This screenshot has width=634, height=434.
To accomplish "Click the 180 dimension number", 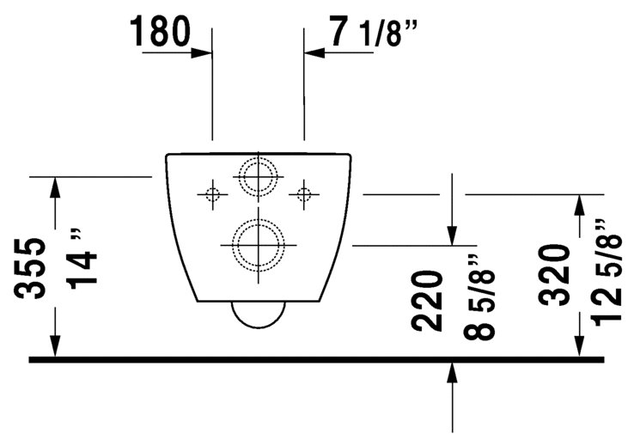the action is [x=160, y=31].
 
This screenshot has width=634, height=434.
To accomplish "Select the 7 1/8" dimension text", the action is [x=372, y=31].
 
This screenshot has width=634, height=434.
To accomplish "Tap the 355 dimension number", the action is [x=30, y=269].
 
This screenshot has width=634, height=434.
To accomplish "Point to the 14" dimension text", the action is [x=83, y=260].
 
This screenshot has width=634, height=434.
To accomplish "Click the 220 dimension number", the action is [x=427, y=301].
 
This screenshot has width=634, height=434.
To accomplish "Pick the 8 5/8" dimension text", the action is [x=479, y=296].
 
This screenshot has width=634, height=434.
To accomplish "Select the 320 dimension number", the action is [x=554, y=274].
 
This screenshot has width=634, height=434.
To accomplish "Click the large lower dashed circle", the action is [x=258, y=220].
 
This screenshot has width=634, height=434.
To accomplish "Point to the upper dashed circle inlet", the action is [x=258, y=158].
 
